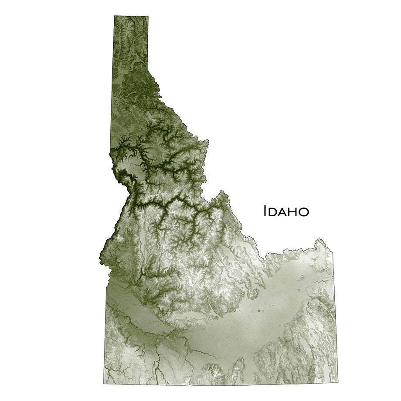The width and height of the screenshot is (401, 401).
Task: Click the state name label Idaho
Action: click(286, 211)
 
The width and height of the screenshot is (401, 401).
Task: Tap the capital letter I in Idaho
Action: click(265, 211)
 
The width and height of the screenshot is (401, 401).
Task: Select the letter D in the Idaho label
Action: click(273, 212)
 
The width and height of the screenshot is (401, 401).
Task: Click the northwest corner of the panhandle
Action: click(115, 16)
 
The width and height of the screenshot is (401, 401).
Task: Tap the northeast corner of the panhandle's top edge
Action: click(148, 17)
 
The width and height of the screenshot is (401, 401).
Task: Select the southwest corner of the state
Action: click(104, 384)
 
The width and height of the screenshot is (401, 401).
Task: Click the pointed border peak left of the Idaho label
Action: click(222, 191)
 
